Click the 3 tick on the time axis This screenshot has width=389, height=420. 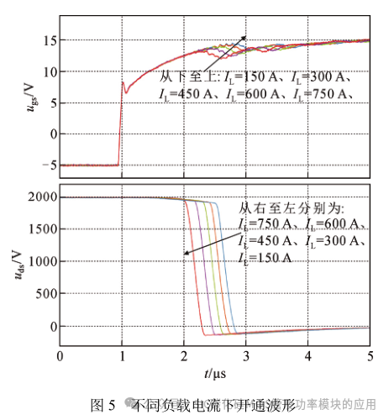[245, 355]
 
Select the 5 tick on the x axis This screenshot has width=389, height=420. [370, 355]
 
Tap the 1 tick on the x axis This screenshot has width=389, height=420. [121, 355]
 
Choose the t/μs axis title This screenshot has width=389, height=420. [215, 370]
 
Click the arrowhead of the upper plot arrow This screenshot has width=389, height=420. [246, 36]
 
